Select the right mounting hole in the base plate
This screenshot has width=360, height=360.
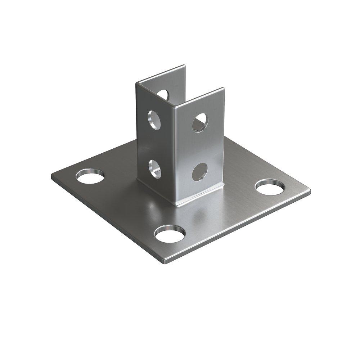tap(270, 186)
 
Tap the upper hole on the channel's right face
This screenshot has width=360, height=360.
tap(200, 122)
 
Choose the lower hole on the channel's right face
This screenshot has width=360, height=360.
tap(200, 172)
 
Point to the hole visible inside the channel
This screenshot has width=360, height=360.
tap(163, 95)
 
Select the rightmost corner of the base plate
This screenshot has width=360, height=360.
tap(310, 189)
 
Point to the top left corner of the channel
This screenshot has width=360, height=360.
tap(137, 84)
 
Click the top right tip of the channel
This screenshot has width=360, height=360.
tap(224, 88)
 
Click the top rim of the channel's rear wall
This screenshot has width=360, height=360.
tap(162, 74)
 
